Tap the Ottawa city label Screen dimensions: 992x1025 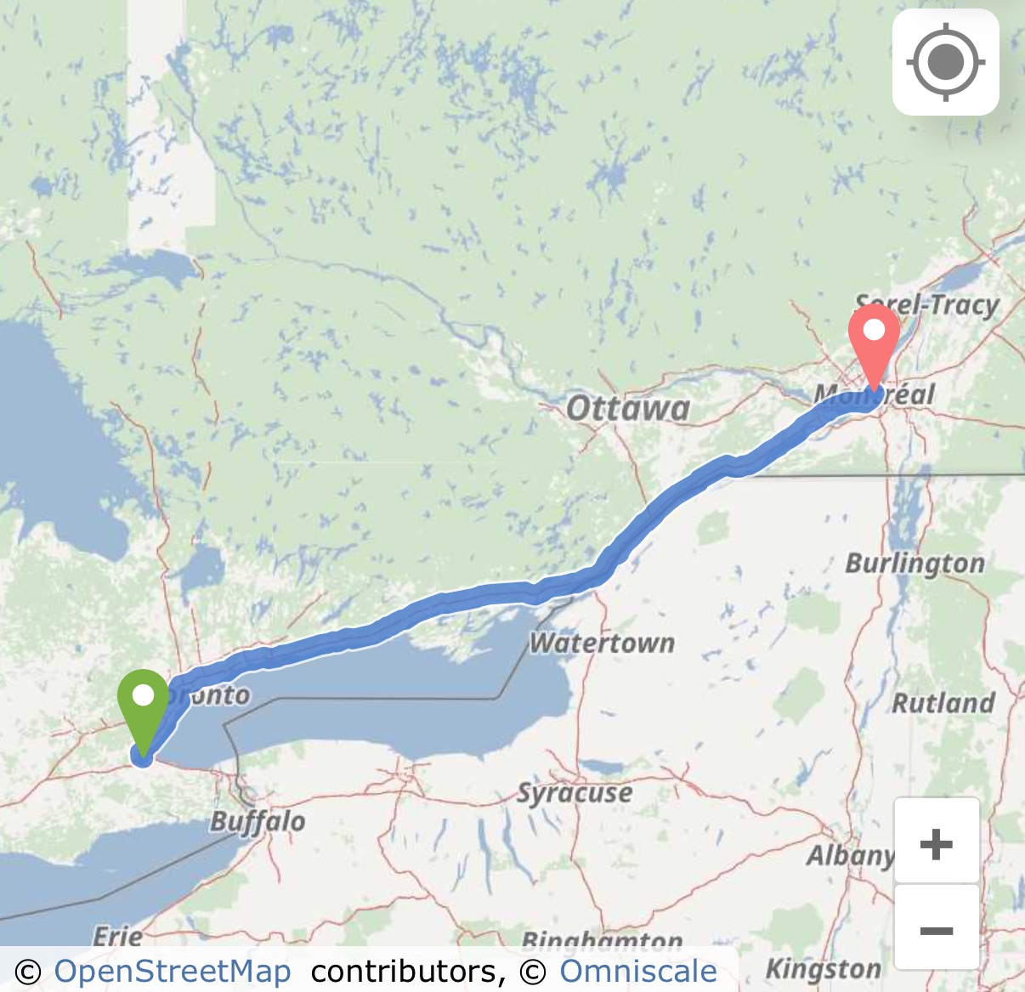pos(628,409)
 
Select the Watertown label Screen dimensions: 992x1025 pos(602,643)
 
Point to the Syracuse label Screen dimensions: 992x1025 pos(575,793)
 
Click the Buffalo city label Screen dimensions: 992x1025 pos(258,822)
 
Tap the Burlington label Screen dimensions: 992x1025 pos(915,564)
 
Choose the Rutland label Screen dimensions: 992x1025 pos(943,703)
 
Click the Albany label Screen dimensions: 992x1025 pos(850,855)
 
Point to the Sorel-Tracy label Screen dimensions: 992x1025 pos(927,304)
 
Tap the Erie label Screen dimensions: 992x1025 pos(117,937)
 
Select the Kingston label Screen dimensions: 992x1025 pos(823,969)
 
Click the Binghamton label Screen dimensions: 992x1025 pos(602,941)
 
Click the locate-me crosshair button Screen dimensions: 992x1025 pos(945,62)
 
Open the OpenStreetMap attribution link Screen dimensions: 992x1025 pos(173,972)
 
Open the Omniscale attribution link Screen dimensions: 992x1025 pos(637,972)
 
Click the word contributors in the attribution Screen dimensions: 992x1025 pos(408,972)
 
